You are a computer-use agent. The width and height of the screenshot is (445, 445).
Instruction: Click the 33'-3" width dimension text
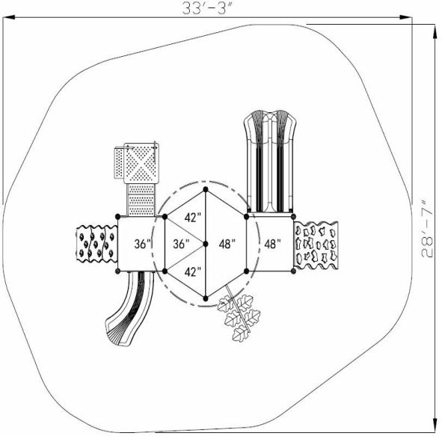coord(207,8)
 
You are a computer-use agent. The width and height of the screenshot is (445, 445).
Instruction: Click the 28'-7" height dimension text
coord(427,230)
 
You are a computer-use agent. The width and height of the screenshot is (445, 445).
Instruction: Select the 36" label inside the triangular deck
coord(181,244)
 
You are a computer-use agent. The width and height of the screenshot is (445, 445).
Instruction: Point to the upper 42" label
coord(193,218)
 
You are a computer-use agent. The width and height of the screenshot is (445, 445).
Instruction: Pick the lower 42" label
coord(193,272)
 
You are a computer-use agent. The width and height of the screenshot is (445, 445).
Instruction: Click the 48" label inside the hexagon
coord(227,244)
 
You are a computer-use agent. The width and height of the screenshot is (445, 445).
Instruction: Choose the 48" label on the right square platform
coord(273,244)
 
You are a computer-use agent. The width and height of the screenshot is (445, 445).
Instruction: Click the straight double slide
coord(270,161)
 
